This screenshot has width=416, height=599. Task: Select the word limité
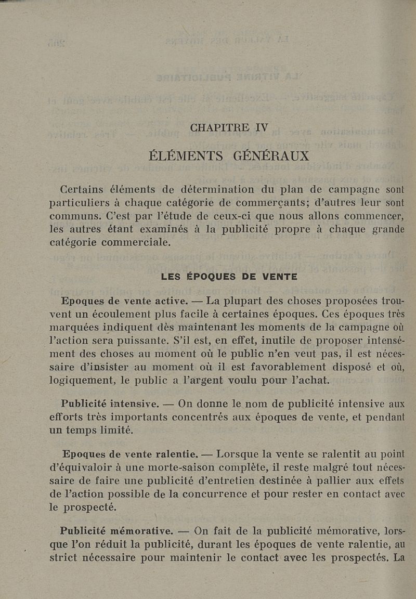point(117,430)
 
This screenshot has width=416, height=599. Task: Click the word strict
point(66,558)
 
